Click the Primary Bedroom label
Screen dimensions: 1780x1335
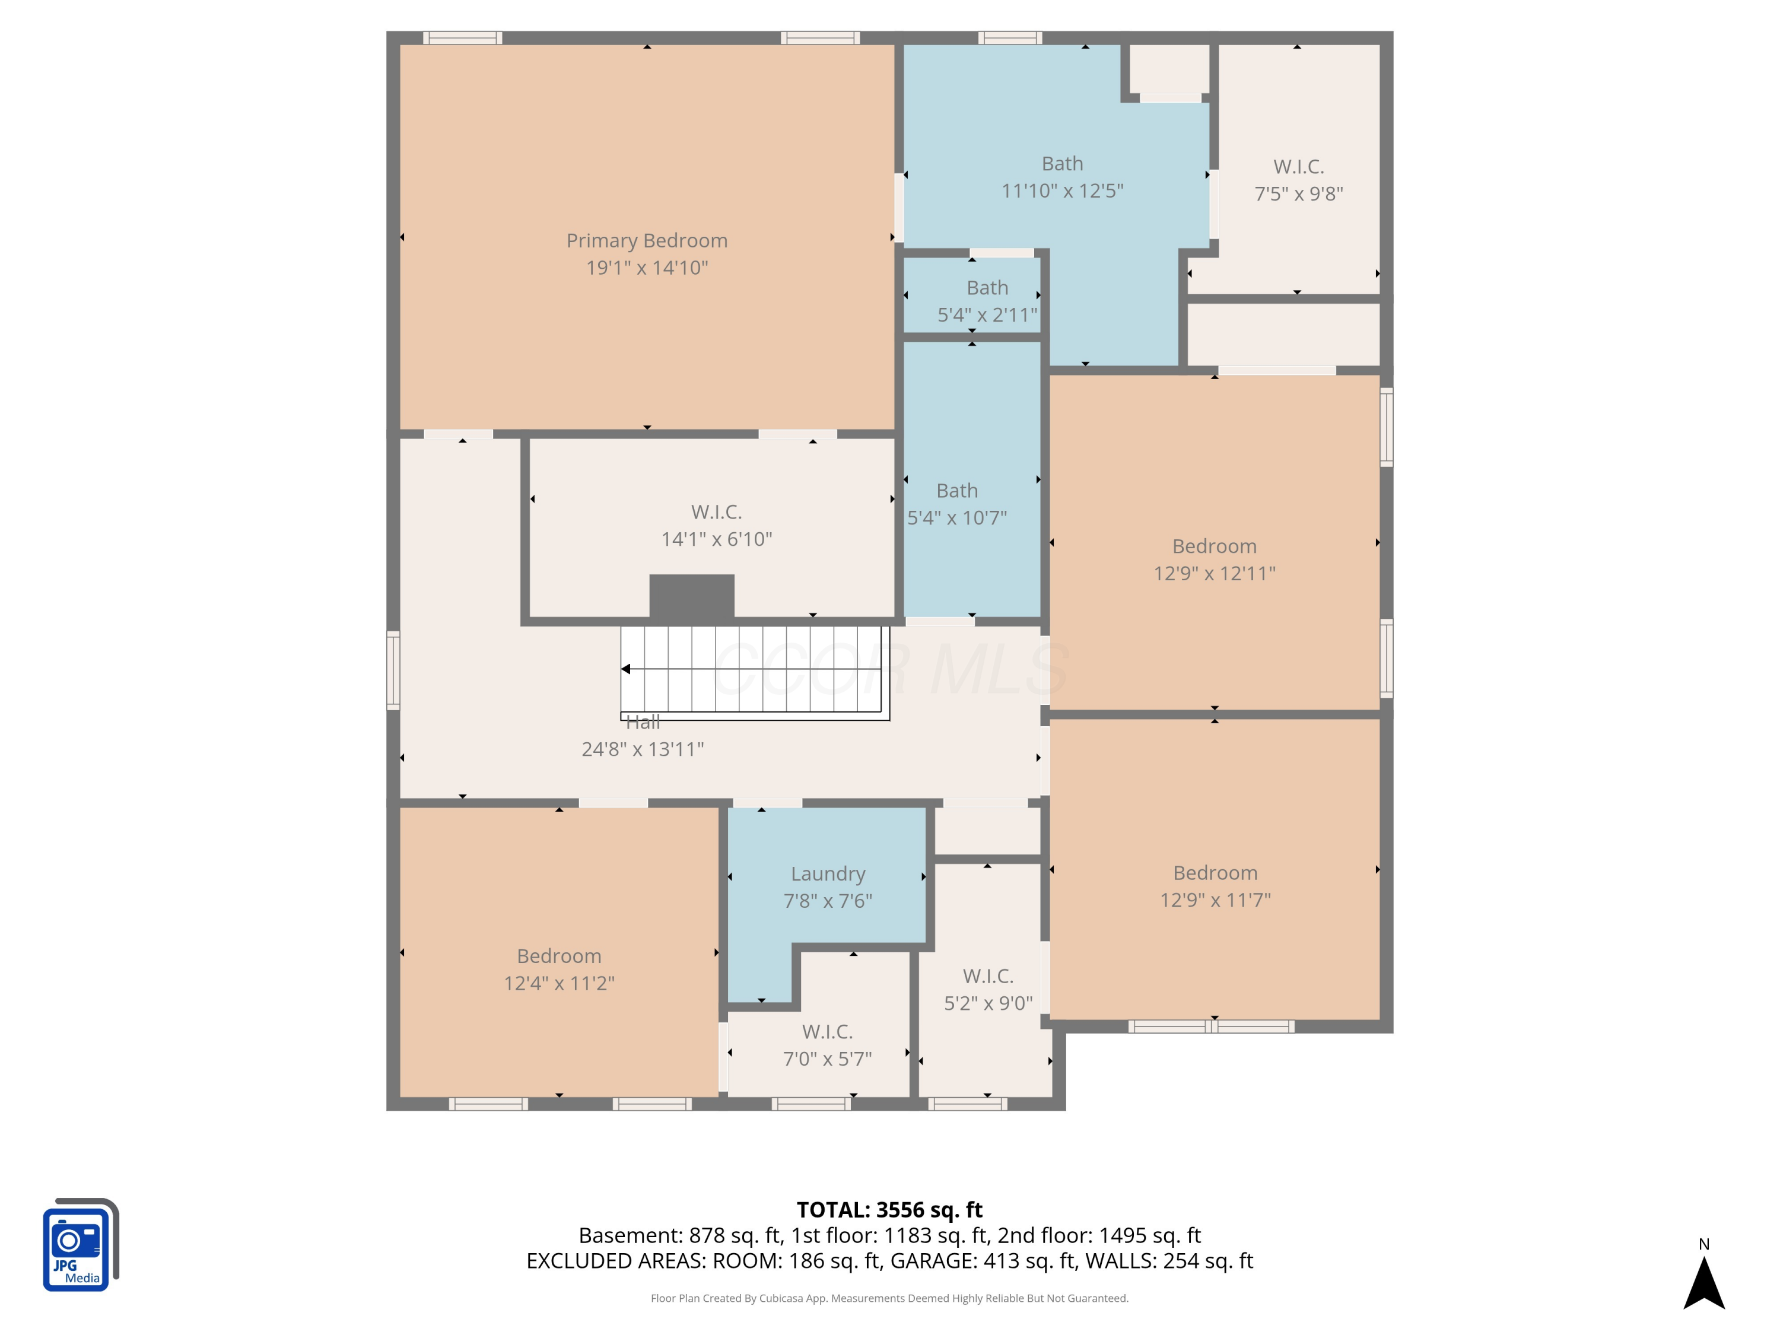tap(646, 241)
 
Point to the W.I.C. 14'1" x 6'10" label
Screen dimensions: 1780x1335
tap(716, 526)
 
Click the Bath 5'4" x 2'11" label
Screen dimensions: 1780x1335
tap(987, 301)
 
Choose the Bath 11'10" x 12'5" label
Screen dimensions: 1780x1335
tap(1062, 177)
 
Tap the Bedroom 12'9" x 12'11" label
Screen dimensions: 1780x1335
tap(1215, 560)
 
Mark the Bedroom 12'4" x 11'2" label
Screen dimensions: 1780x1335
tap(560, 970)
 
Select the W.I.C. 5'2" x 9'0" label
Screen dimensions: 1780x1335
tap(988, 990)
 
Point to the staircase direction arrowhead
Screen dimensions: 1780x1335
tap(625, 669)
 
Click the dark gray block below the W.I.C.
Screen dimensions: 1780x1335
tap(691, 596)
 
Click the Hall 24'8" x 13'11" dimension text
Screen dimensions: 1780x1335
tap(643, 749)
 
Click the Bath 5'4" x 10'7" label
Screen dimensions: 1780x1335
tap(957, 504)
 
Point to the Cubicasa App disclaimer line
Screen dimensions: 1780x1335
tap(889, 1298)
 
